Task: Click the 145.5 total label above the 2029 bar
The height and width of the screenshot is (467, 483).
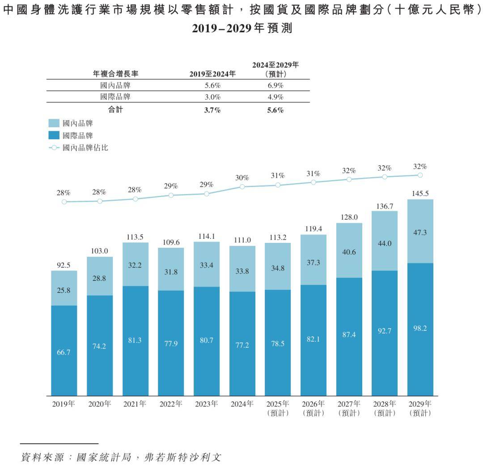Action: [x=420, y=194]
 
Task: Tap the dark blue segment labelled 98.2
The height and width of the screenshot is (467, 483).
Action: [x=420, y=329]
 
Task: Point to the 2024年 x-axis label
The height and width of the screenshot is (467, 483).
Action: [x=242, y=404]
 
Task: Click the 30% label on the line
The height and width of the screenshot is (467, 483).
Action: [x=242, y=178]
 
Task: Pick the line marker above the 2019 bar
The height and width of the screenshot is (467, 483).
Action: [x=64, y=202]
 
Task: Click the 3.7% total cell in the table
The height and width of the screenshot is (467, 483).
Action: [x=212, y=110]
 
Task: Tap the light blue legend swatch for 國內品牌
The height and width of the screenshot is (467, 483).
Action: [x=54, y=123]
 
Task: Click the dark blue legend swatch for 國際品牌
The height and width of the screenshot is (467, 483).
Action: [x=54, y=135]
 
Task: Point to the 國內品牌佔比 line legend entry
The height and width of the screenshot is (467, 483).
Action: [x=78, y=147]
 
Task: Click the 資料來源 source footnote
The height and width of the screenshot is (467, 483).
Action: [x=121, y=457]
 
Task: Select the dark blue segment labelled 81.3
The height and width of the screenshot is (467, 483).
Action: [x=135, y=341]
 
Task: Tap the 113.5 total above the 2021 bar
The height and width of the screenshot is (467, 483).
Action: [x=135, y=237]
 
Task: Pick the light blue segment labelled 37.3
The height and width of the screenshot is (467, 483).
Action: [x=313, y=263]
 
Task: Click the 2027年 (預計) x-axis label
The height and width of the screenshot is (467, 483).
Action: [x=349, y=409]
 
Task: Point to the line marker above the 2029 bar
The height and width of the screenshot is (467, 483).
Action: [x=420, y=175]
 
